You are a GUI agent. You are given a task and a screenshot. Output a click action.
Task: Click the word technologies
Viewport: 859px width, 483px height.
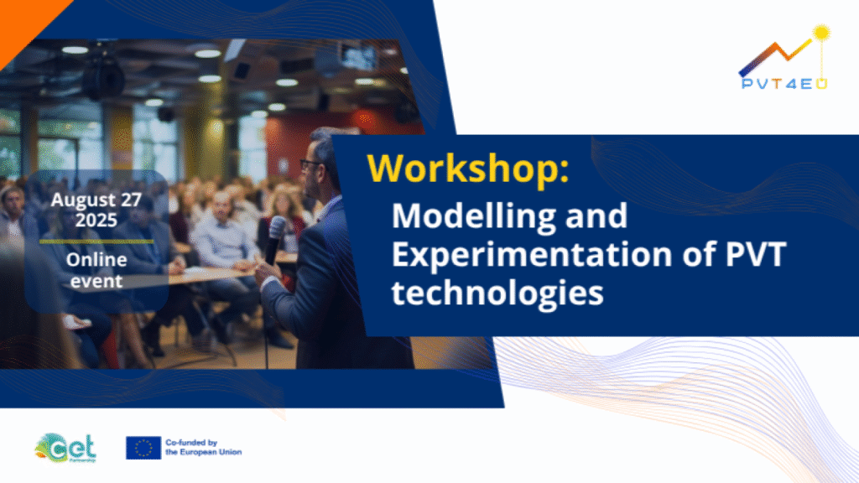(x=497, y=293)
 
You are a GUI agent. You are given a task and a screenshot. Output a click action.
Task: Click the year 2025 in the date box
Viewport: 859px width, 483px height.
(x=96, y=221)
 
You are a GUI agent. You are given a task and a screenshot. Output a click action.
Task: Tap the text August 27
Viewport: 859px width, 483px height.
(x=96, y=200)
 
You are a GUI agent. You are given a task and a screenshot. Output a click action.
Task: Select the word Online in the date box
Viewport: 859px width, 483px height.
(x=96, y=260)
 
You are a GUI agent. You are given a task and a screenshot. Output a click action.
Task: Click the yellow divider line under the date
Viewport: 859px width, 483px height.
(x=96, y=241)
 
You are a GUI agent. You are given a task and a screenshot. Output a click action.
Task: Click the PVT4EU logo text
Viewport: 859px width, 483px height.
(x=784, y=84)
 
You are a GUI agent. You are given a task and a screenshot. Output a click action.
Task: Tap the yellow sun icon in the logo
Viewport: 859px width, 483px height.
(x=820, y=33)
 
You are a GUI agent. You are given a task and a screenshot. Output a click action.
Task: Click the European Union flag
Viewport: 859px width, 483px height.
(x=143, y=448)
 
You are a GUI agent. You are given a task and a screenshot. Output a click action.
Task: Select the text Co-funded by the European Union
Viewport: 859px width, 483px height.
(x=203, y=448)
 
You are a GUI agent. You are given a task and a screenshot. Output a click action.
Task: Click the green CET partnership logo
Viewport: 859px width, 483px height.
(x=65, y=448)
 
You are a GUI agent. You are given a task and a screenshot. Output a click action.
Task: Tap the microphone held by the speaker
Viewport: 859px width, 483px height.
(x=274, y=239)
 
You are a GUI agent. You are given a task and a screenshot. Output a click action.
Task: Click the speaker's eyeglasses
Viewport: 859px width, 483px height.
(x=310, y=164)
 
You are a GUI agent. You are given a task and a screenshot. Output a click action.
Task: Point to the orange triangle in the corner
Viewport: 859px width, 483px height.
(x=24, y=22)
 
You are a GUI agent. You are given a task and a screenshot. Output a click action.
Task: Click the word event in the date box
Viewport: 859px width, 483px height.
(x=96, y=282)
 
